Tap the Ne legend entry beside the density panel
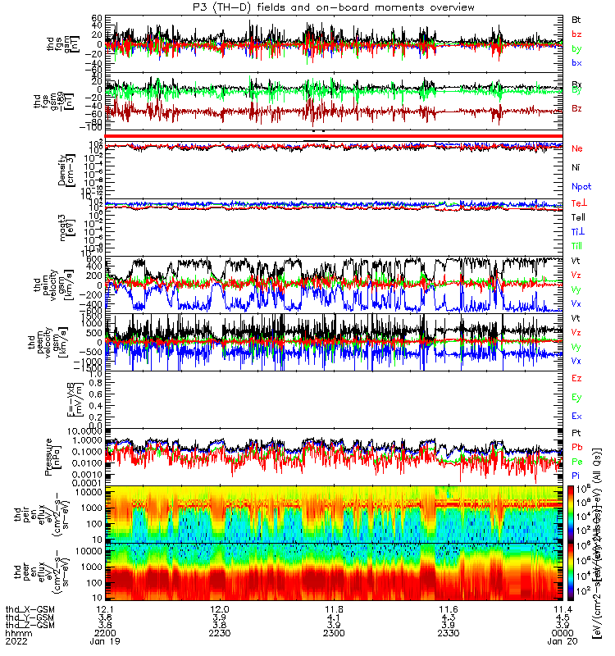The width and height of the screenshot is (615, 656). tap(577, 148)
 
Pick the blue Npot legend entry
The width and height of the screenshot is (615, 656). tap(581, 185)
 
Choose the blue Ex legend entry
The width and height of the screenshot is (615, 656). tap(576, 416)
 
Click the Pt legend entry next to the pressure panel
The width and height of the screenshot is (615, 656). tap(576, 432)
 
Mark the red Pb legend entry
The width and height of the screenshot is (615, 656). tap(577, 448)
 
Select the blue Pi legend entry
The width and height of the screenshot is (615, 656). tap(576, 476)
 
